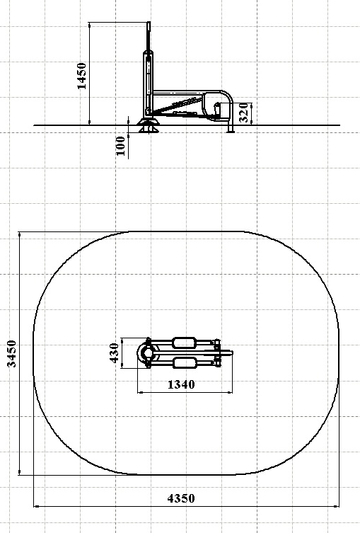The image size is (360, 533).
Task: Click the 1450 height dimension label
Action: (x=82, y=76)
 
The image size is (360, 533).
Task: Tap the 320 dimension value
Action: (x=244, y=113)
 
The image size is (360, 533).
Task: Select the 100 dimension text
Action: (x=120, y=146)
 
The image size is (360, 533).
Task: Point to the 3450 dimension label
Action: (x=12, y=353)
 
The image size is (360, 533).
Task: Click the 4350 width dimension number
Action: (x=181, y=498)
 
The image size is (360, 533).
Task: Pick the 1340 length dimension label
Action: (x=181, y=384)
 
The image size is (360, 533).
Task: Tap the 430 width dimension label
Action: (x=115, y=353)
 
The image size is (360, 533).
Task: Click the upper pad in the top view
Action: (x=185, y=343)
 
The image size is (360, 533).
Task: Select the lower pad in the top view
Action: (x=185, y=362)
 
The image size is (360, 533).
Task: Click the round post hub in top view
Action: (x=147, y=353)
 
